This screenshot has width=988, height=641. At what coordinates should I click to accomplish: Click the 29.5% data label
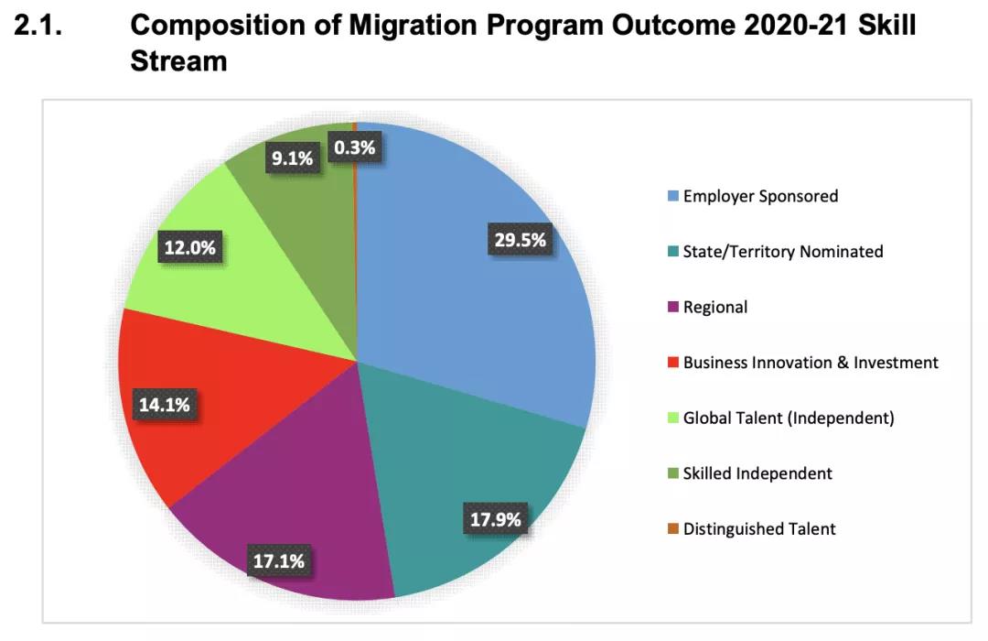[x=520, y=241]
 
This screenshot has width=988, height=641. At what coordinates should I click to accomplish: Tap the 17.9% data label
[x=496, y=520]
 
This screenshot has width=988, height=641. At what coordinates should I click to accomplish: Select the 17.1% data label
[x=278, y=561]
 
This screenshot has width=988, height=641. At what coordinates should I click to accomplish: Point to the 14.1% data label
[x=165, y=404]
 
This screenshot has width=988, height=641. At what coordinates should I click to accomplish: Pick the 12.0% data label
[x=191, y=247]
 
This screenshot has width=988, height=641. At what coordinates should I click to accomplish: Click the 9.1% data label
[x=292, y=158]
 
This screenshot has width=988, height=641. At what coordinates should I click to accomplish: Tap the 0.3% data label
[x=354, y=147]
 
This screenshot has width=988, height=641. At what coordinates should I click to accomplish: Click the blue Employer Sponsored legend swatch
[x=673, y=196]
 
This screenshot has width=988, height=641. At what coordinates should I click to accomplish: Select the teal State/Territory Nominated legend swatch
[x=673, y=252]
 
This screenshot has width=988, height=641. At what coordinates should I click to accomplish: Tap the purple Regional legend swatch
[x=673, y=307]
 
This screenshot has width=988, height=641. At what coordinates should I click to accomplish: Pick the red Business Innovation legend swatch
[x=673, y=363]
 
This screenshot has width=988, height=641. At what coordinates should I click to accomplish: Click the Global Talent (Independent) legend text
[x=788, y=418]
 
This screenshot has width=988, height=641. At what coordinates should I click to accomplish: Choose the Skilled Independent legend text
[x=757, y=473]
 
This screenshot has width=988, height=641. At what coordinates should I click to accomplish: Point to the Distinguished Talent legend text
[x=759, y=529]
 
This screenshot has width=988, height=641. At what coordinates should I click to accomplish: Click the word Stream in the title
[x=179, y=62]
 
